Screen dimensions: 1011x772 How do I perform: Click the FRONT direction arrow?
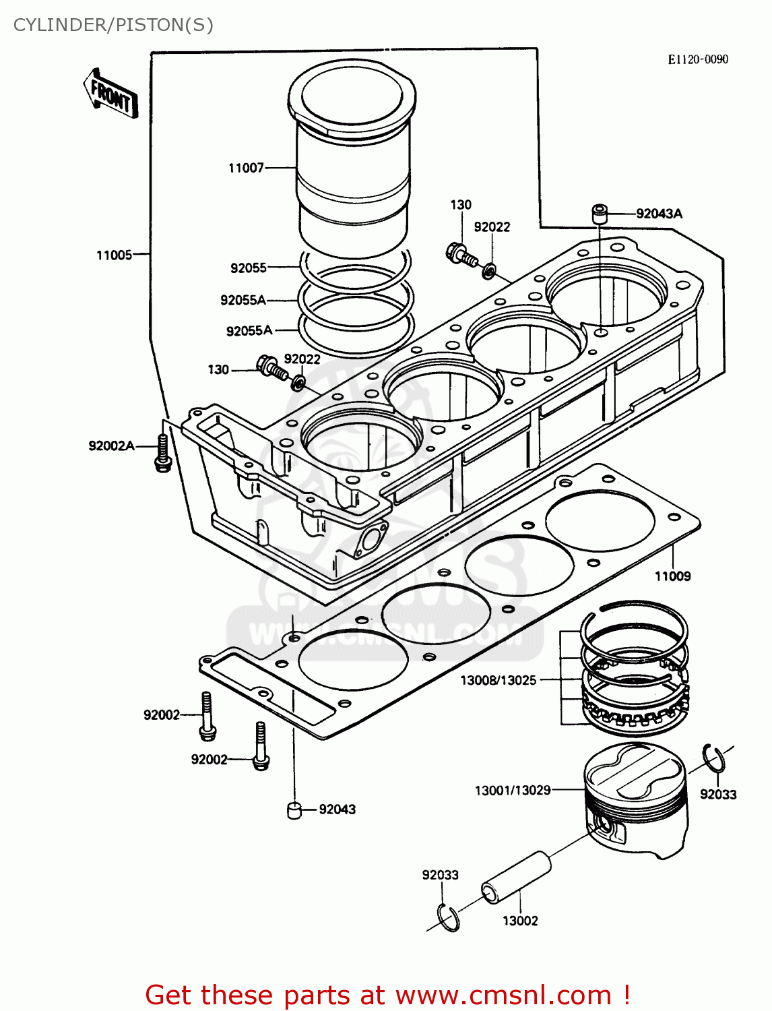click(110, 94)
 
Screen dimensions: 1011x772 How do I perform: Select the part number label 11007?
click(246, 168)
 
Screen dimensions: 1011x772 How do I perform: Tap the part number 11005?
click(114, 255)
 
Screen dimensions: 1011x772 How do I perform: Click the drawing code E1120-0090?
click(697, 59)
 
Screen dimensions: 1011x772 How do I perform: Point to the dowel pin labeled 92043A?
click(599, 214)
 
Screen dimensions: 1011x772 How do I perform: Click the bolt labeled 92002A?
click(162, 454)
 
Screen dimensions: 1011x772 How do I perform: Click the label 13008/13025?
click(498, 680)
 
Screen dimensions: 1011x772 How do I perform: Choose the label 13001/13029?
click(513, 790)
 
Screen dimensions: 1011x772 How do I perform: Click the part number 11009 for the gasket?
click(672, 576)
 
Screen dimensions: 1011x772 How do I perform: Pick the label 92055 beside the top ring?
click(249, 268)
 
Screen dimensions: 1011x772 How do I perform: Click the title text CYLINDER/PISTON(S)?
click(113, 25)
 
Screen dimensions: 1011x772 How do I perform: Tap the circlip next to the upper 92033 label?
click(713, 759)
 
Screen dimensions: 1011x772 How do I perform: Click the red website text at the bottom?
click(387, 995)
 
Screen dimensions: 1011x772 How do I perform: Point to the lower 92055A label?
click(249, 330)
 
